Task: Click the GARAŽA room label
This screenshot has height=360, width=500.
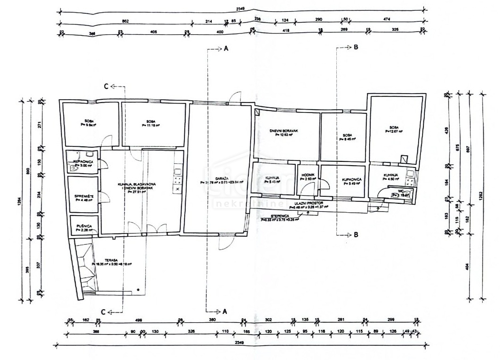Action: tap(209, 177)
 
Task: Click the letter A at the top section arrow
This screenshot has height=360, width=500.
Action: tap(226, 48)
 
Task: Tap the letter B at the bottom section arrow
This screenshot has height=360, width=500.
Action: tap(356, 234)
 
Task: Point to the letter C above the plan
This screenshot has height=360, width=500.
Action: tap(106, 86)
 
